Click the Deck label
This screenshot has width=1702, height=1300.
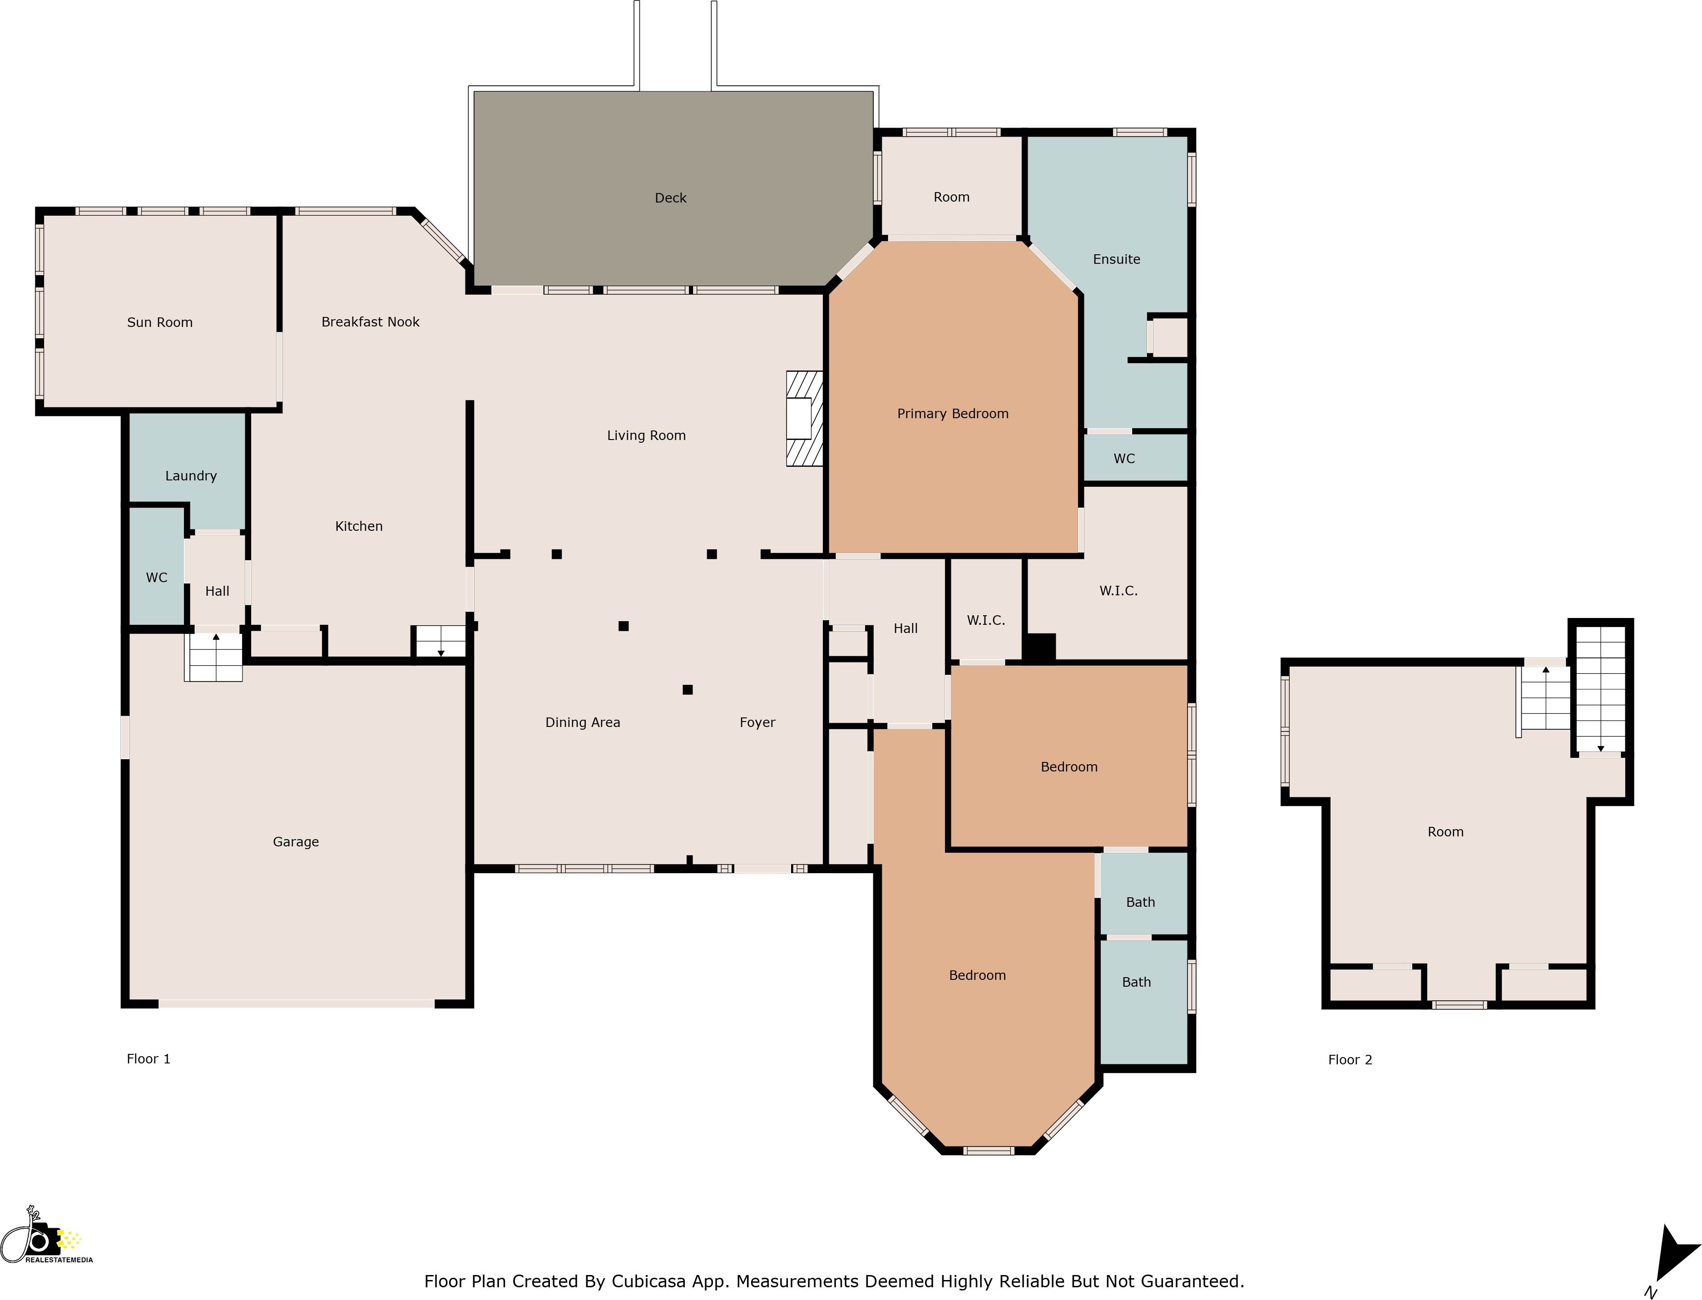(670, 198)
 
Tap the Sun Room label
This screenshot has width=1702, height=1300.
(159, 323)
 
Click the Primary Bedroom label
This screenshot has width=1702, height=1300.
(952, 414)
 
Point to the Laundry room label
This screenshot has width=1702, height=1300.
(190, 476)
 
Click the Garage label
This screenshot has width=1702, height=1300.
(296, 842)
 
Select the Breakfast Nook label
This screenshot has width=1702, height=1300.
(370, 322)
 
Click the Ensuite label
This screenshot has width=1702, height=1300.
(1116, 259)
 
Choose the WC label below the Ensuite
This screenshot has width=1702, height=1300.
(1124, 459)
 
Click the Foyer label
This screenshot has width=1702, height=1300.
(757, 723)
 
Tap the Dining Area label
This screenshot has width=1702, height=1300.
(582, 723)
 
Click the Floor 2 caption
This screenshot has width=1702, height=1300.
(1350, 1060)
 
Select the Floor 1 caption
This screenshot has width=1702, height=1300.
(148, 1059)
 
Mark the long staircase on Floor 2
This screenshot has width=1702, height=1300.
(1600, 689)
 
